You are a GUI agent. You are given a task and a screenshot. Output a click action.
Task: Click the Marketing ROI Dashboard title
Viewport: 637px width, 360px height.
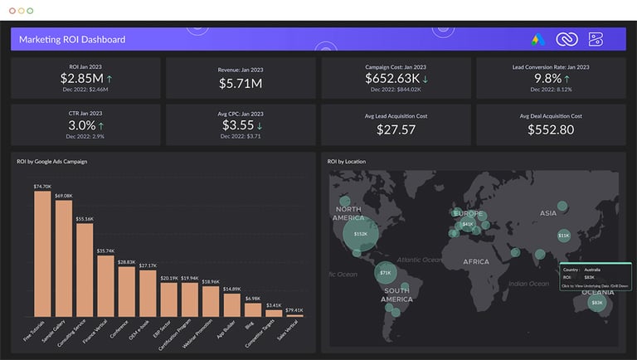(x=72, y=39)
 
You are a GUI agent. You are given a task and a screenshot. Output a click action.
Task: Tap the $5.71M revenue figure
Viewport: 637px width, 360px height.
(x=241, y=84)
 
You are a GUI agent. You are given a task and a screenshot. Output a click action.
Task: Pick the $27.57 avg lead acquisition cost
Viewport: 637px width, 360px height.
(x=396, y=129)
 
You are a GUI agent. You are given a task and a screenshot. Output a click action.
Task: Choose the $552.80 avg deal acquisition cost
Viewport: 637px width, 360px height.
(x=551, y=129)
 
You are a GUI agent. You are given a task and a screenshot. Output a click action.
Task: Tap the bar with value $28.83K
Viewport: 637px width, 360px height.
(x=127, y=291)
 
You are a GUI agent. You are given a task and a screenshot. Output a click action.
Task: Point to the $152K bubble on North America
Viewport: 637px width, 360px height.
(x=360, y=233)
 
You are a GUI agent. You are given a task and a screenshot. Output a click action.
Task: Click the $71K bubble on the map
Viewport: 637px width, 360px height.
(x=385, y=272)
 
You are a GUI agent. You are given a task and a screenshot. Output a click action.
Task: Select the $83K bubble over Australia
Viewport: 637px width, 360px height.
(x=596, y=303)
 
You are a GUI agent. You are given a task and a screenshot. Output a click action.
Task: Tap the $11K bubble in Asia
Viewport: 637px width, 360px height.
(x=563, y=236)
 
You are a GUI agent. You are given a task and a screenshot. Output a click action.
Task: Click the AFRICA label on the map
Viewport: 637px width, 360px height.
(x=476, y=261)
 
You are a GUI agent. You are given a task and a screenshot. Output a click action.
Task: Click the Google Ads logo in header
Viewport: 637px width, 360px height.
(x=538, y=39)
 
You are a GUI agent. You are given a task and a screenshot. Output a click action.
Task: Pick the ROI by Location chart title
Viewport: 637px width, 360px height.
(x=347, y=161)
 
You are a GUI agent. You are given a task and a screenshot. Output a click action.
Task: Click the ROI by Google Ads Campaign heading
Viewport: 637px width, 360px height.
(x=51, y=161)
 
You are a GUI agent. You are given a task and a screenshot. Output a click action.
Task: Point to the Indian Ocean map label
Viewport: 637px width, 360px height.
(x=528, y=284)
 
